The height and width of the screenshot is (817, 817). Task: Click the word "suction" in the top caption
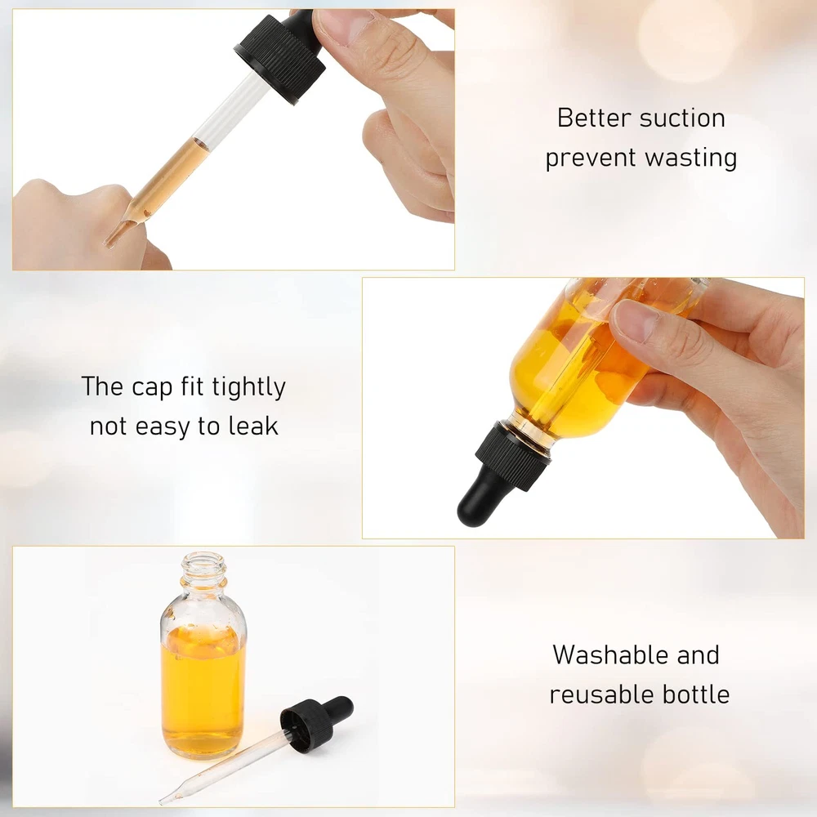pyautogui.click(x=682, y=118)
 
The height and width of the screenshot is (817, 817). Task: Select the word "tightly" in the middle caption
pyautogui.click(x=249, y=387)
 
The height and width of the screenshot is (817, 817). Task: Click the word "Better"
pyautogui.click(x=595, y=118)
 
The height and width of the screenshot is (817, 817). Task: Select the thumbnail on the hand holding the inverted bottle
pyautogui.click(x=630, y=319)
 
